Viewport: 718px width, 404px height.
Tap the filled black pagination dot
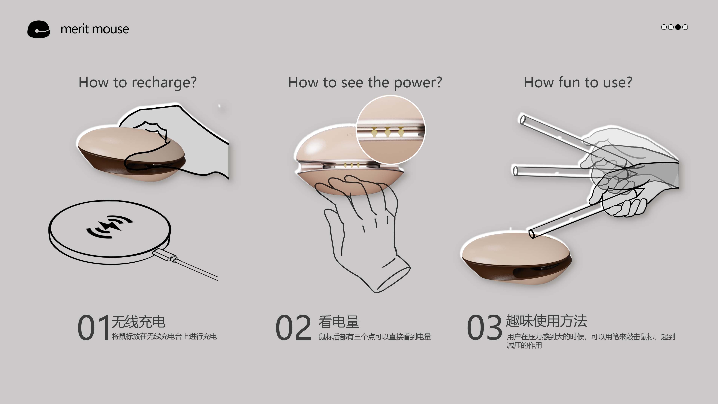tap(678, 27)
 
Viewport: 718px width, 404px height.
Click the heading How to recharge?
tap(137, 82)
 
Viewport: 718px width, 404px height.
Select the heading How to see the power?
tap(365, 82)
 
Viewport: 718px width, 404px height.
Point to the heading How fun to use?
tap(578, 82)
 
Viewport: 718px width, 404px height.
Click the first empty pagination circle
tap(664, 27)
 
